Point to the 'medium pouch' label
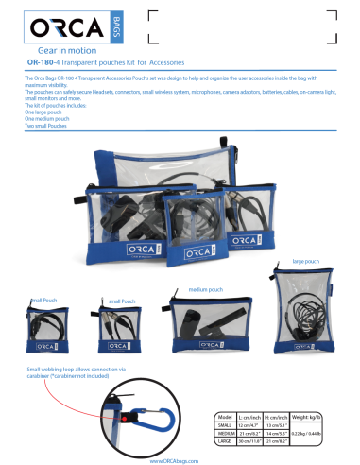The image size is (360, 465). (x=205, y=288)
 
